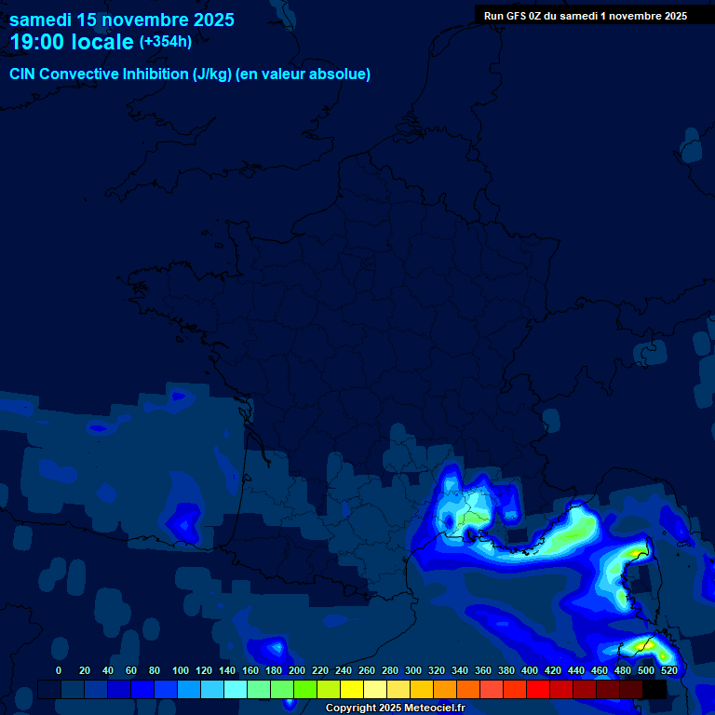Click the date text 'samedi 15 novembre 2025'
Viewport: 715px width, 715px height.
[x=122, y=20]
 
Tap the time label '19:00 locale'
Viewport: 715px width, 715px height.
[x=72, y=42]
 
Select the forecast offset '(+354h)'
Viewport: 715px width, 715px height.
[x=165, y=42]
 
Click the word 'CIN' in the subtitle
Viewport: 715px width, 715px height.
[x=23, y=74]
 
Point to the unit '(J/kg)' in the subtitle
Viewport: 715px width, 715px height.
[x=212, y=74]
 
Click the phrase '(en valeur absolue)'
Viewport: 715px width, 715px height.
[x=303, y=74]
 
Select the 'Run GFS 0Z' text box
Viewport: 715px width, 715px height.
[x=585, y=16]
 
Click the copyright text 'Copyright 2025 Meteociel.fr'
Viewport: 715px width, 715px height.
[x=395, y=708]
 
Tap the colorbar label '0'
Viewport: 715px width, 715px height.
[x=59, y=670]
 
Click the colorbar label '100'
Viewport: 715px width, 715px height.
[x=181, y=670]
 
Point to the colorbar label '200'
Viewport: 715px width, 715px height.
[x=297, y=670]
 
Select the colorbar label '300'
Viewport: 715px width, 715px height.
[x=413, y=670]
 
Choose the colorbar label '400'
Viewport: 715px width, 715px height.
[x=530, y=670]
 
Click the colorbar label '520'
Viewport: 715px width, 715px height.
[x=668, y=670]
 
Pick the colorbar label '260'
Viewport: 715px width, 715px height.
[x=367, y=670]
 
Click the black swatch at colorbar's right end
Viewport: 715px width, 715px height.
[x=654, y=689]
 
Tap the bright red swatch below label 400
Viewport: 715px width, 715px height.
[x=538, y=689]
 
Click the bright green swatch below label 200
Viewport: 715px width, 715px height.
[x=305, y=689]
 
